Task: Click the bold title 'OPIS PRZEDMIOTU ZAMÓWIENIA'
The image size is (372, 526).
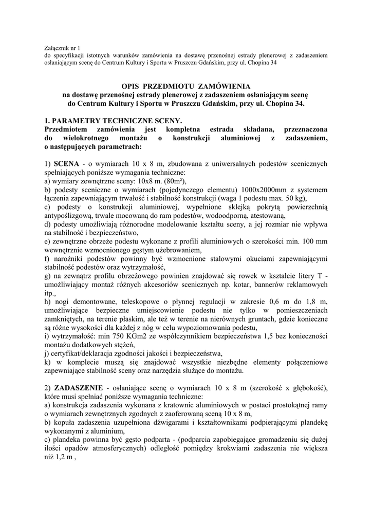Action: click(x=186, y=87)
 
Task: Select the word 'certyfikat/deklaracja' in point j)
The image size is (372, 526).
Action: click(x=83, y=354)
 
